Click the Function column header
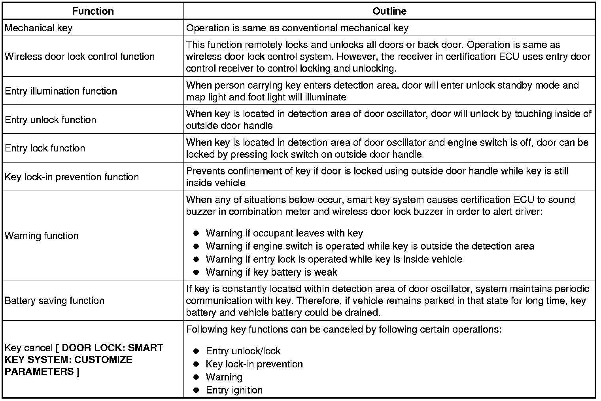point(93,11)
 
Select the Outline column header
point(389,11)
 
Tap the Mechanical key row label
point(38,28)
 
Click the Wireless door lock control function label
point(79,57)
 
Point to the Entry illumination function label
point(61,91)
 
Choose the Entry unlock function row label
point(50,120)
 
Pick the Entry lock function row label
point(45,148)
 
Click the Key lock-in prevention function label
point(72,177)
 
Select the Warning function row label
point(42,236)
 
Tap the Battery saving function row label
point(55,301)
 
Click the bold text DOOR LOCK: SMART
point(112,348)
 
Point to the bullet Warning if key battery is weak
point(271,272)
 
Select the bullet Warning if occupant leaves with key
point(284,233)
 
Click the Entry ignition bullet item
point(234,390)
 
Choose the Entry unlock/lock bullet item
point(243,351)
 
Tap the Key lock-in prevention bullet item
point(254,364)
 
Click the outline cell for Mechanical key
point(297,28)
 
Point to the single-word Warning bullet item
point(224,377)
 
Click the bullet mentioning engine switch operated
point(370,246)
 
